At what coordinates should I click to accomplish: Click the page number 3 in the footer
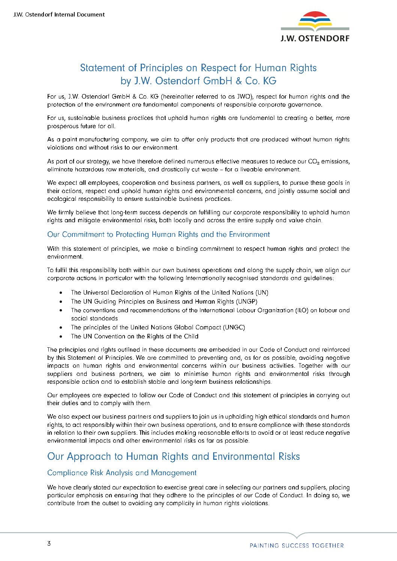click(x=49, y=544)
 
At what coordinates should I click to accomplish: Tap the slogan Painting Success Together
click(x=296, y=546)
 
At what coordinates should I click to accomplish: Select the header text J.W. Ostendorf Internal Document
click(x=59, y=15)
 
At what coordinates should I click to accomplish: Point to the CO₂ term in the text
click(x=313, y=162)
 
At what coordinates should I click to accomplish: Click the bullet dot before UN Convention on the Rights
click(x=61, y=337)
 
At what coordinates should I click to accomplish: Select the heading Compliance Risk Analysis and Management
click(x=122, y=473)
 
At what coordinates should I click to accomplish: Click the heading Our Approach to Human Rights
click(x=173, y=456)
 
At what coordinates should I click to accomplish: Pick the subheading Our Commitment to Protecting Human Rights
click(x=158, y=235)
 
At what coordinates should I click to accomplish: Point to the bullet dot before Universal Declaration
click(x=61, y=293)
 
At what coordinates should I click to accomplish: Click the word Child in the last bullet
click(x=191, y=337)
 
